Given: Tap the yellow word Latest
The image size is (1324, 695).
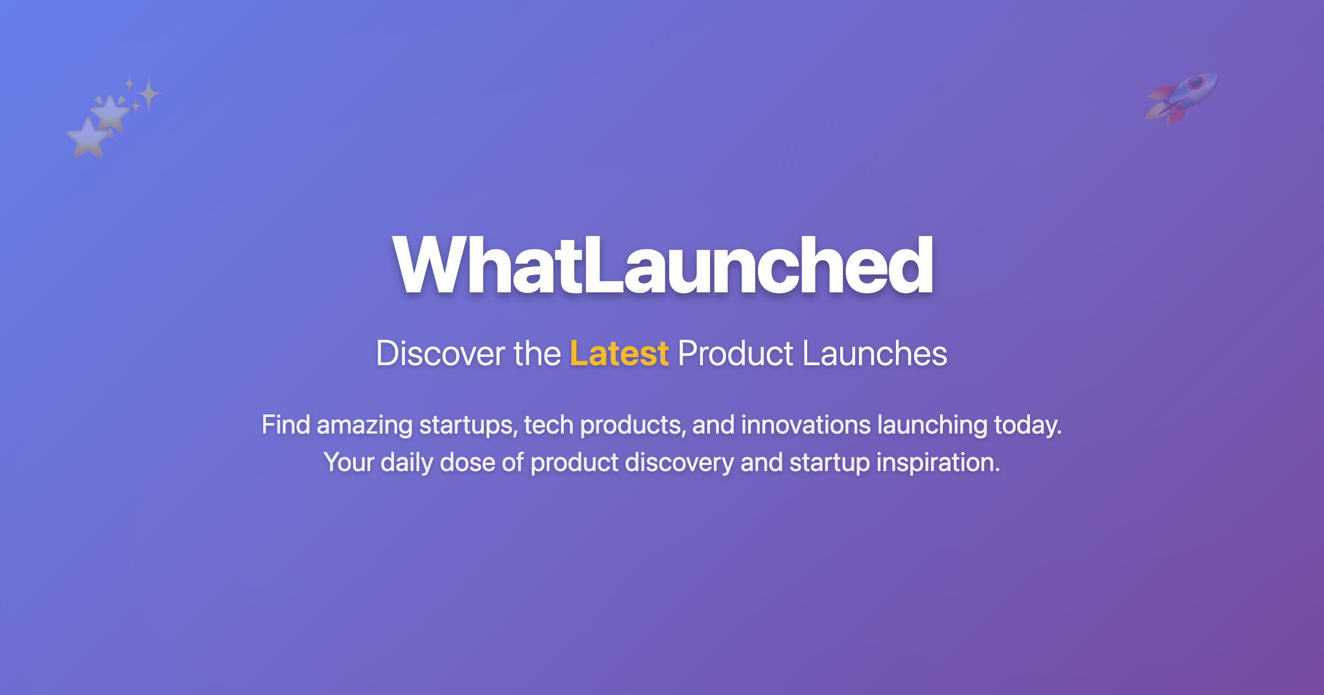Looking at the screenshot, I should click(x=619, y=354).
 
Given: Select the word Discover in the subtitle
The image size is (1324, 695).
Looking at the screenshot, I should click(x=440, y=354).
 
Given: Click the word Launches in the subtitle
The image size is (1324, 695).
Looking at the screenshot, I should click(x=874, y=354).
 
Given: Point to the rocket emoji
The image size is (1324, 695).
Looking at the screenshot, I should click(x=1182, y=99).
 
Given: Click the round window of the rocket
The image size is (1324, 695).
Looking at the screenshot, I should click(x=1195, y=84).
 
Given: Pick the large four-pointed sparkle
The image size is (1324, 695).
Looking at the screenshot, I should click(x=148, y=94).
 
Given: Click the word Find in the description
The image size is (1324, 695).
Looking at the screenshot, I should click(x=285, y=425).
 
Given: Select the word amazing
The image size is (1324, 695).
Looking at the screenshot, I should click(x=364, y=425).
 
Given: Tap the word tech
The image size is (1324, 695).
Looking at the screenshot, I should click(x=548, y=425).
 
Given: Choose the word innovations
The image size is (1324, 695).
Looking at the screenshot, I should click(x=805, y=425).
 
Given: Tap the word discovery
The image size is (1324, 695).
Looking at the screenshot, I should click(x=679, y=462).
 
